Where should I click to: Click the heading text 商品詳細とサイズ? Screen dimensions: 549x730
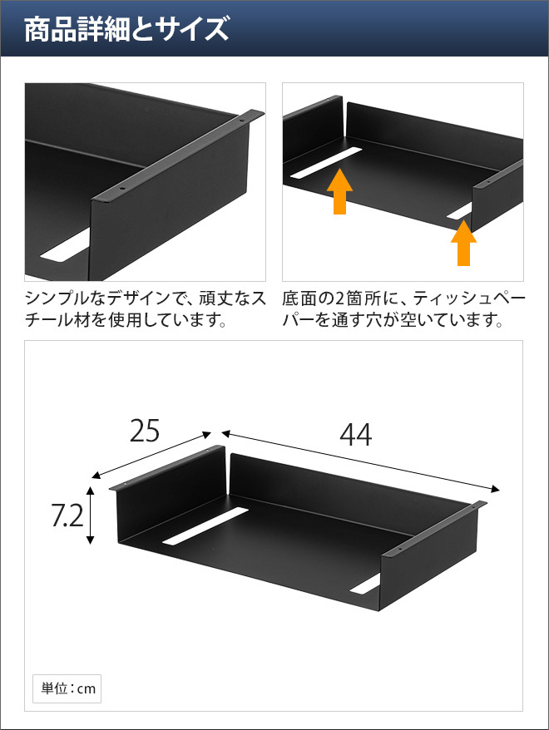point(126,29)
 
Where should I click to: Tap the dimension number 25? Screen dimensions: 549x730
point(145,431)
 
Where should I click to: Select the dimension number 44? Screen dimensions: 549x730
point(356,435)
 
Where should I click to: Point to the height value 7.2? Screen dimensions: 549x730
point(67,515)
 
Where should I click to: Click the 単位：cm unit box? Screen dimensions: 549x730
point(67,688)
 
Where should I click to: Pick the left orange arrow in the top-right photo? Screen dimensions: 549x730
point(340,191)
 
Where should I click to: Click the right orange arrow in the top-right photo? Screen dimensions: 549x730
point(463,243)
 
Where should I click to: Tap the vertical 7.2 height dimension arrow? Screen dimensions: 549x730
point(91,515)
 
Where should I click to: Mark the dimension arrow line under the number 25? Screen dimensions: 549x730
point(151,455)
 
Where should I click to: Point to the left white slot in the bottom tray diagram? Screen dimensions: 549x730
point(205,525)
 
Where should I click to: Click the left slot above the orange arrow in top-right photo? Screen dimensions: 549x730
point(326,164)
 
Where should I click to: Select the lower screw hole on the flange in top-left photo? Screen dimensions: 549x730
point(122,189)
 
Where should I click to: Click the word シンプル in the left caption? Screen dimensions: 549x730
point(57,298)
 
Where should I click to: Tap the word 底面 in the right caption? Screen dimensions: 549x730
point(299,298)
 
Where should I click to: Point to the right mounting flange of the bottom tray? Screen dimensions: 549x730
point(434,529)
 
